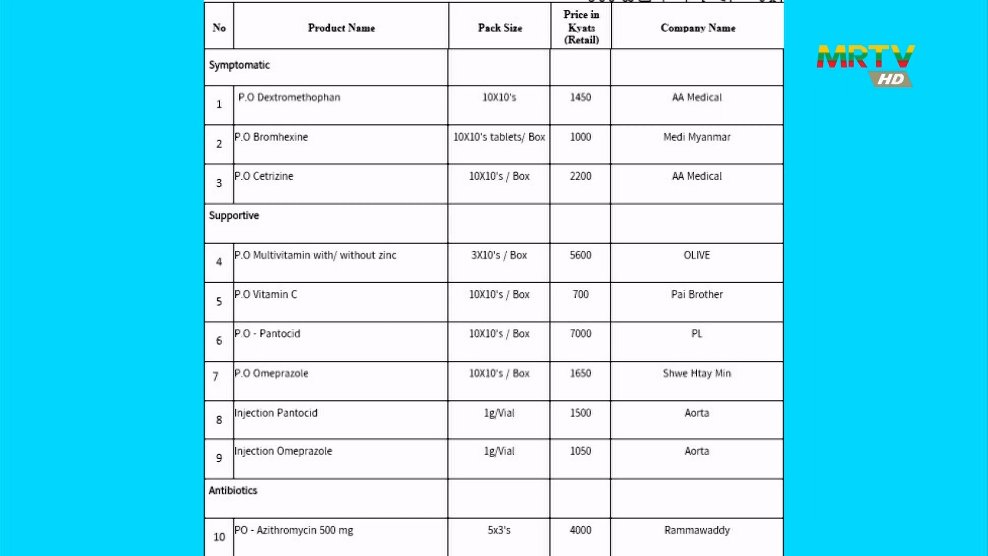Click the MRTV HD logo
(866, 64)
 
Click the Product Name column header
(341, 28)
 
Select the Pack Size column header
(500, 28)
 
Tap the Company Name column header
(698, 28)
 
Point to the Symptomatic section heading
(239, 65)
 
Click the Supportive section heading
(234, 215)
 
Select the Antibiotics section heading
(233, 490)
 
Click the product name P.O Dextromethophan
(289, 97)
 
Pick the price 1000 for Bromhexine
(580, 137)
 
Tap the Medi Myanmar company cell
(697, 137)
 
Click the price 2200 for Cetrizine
(580, 176)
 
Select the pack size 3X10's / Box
(499, 255)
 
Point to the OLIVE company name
(697, 255)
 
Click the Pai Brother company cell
(697, 294)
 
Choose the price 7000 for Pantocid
(580, 334)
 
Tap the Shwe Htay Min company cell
(697, 373)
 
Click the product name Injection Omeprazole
(284, 451)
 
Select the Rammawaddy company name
(697, 530)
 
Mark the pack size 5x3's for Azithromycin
(499, 530)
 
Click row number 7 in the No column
(216, 377)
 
